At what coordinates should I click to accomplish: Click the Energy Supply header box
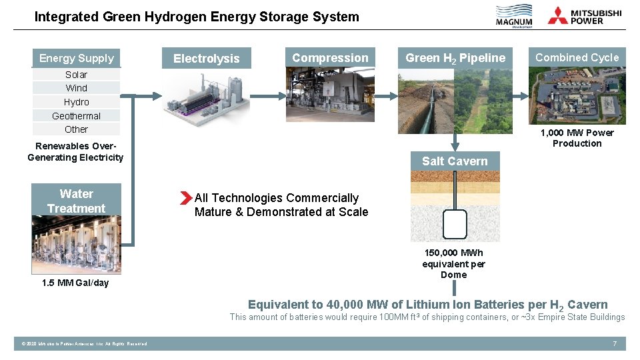click(x=77, y=58)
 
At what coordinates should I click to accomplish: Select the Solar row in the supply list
click(x=77, y=75)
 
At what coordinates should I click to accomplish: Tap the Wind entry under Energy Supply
click(x=77, y=88)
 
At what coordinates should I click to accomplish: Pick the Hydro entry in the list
click(x=77, y=102)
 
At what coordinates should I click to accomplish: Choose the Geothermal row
click(x=77, y=116)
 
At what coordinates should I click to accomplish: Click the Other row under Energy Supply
click(x=77, y=129)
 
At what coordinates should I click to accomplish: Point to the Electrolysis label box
click(x=206, y=59)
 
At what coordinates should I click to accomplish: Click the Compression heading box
click(x=330, y=58)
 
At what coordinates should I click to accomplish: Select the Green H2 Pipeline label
click(x=455, y=58)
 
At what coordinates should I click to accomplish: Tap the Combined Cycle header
click(x=577, y=57)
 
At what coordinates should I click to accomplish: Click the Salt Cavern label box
click(x=455, y=161)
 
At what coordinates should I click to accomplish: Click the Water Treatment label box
click(x=77, y=201)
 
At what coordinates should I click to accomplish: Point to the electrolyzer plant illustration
click(x=207, y=100)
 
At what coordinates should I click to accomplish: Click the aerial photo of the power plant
click(x=577, y=97)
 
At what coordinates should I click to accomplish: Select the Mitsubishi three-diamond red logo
click(x=558, y=15)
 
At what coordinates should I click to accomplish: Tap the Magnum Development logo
click(x=514, y=17)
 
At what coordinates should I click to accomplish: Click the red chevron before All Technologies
click(x=185, y=198)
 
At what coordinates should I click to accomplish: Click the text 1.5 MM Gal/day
click(x=75, y=283)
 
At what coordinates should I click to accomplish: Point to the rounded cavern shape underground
click(x=455, y=224)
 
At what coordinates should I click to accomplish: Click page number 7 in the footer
click(x=615, y=343)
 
